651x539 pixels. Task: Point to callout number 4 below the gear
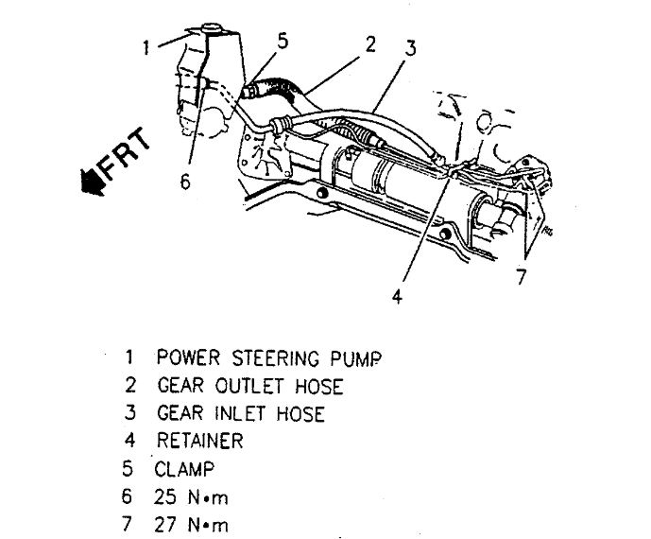(398, 295)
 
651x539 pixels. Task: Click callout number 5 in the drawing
(283, 40)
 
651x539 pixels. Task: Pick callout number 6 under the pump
(185, 183)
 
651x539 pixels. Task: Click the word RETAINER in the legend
(199, 441)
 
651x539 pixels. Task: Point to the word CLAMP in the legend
(186, 467)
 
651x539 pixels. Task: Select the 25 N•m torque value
(193, 496)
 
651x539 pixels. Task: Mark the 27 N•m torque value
(193, 523)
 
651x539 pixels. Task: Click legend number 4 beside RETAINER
(129, 441)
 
